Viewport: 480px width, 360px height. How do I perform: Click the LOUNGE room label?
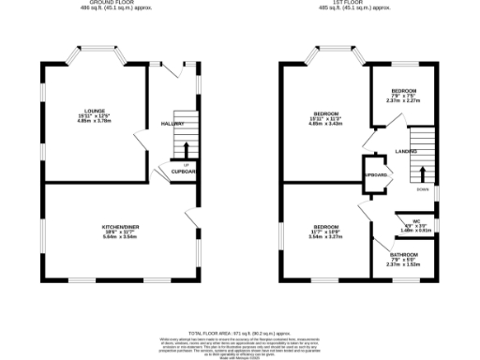[93, 108]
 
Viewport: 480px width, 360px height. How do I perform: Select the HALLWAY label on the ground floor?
[172, 123]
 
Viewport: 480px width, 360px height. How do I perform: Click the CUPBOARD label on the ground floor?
[184, 172]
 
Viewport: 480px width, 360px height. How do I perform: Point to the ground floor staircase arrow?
[186, 150]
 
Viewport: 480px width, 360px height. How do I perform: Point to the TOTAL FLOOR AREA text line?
[238, 333]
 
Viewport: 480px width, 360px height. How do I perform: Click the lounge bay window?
[94, 52]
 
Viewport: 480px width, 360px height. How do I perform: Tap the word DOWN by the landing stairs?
[423, 188]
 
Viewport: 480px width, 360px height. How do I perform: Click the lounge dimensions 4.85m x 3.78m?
[93, 120]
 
